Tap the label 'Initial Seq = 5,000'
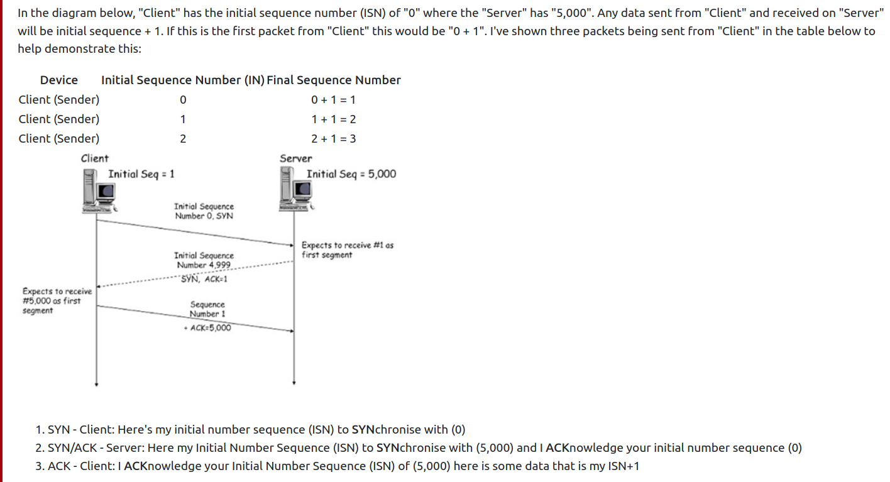(351, 174)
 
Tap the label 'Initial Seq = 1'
(141, 174)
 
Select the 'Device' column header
(59, 80)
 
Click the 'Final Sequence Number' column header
(334, 80)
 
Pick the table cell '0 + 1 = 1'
(334, 100)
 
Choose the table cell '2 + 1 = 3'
(334, 139)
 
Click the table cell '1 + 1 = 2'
(334, 119)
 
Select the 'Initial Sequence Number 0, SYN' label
(204, 211)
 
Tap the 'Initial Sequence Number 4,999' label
(204, 260)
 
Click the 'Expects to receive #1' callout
(347, 250)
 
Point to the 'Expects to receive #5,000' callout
(57, 301)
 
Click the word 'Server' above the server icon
(295, 158)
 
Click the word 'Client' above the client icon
(94, 158)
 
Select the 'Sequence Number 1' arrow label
(207, 309)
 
